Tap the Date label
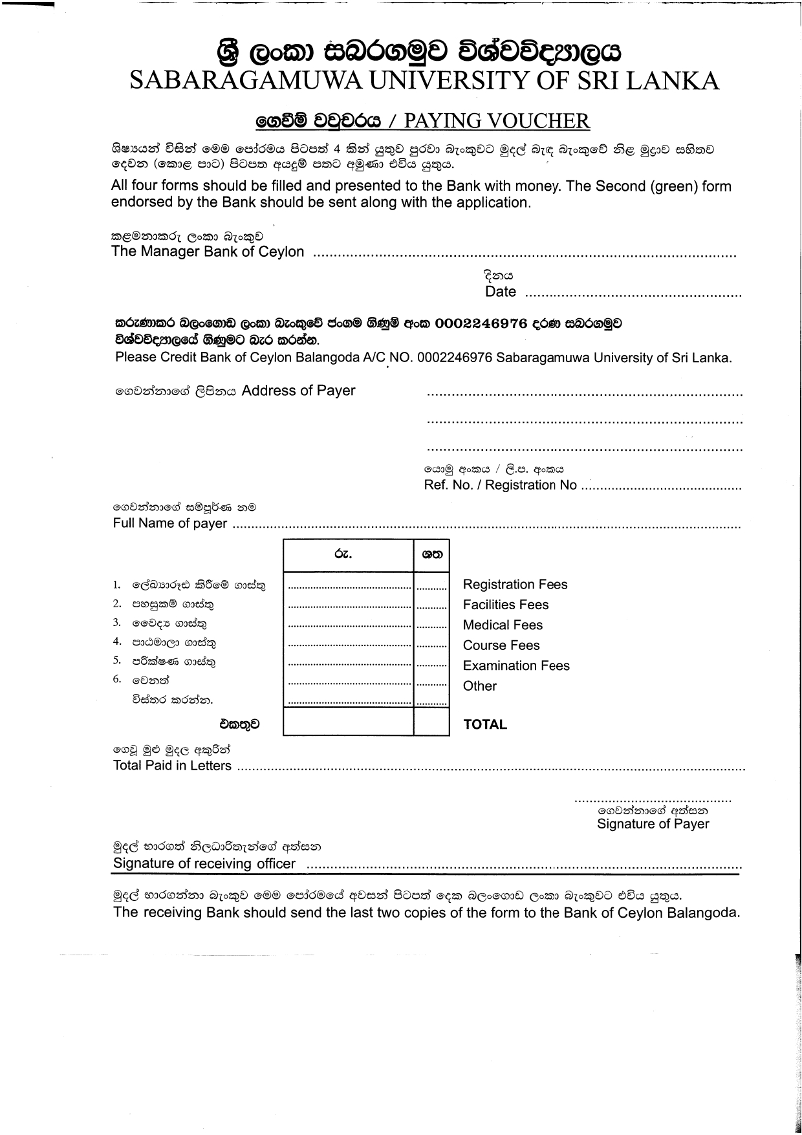pos(500,292)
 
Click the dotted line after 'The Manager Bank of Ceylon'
pos(524,254)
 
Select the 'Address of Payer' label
pos(298,391)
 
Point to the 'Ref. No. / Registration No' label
pos(500,485)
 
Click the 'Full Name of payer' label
pos(170,523)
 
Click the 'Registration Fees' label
pos(515,585)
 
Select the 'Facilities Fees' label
pos(505,605)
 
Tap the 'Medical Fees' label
pos(503,625)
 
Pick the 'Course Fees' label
pos(501,645)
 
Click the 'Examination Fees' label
pos(516,665)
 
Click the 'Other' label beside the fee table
pos(479,686)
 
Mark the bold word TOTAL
pos(485,725)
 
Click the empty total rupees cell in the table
pos(348,722)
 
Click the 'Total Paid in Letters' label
pos(172,766)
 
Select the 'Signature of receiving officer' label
pos(204,864)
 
